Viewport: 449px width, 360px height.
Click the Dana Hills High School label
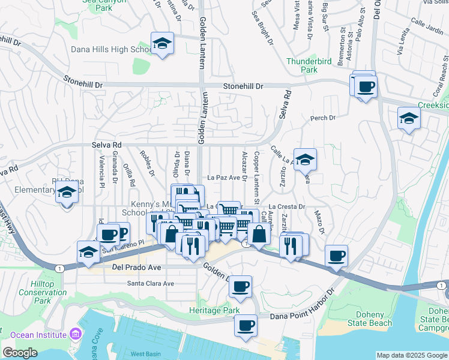coord(111,49)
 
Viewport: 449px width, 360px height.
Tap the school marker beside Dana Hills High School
coord(162,44)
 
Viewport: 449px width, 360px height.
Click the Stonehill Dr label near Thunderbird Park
coord(243,86)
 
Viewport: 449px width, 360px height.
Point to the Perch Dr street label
coord(322,118)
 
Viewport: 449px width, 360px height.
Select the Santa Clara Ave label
coord(150,283)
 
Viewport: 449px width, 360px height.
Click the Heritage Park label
coord(214,310)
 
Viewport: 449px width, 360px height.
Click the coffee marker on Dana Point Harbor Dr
coord(245,326)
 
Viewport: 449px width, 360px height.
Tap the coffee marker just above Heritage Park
coord(240,287)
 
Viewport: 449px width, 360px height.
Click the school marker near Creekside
coord(409,118)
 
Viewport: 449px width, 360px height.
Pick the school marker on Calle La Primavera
coord(305,160)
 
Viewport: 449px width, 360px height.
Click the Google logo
coord(19,353)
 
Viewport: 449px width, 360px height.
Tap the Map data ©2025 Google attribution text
coord(412,355)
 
